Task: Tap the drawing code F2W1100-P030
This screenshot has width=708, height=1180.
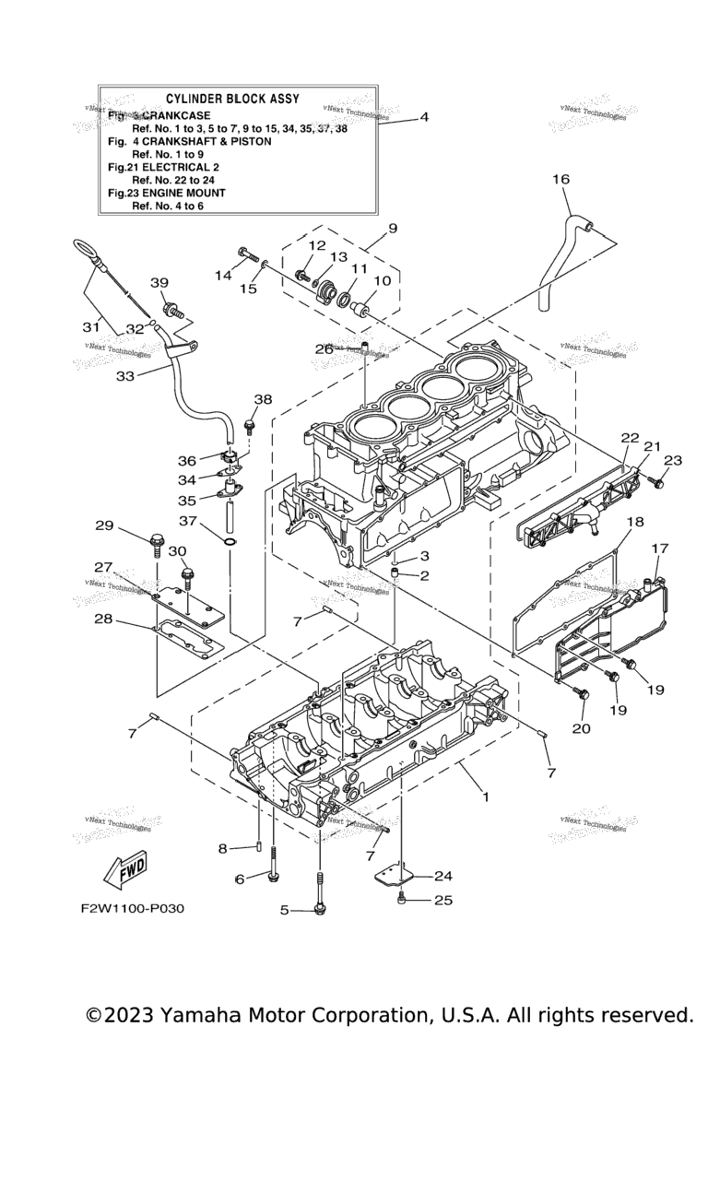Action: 132,908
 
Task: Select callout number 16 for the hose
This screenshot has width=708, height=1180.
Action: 560,180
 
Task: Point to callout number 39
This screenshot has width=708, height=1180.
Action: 159,282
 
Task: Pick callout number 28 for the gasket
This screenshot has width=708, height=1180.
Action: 102,619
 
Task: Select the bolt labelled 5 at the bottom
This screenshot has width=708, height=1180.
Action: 320,909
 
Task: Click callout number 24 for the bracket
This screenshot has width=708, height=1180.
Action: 442,876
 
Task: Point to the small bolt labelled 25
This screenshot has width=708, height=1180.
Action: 402,899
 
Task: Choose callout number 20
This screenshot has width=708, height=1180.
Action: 581,728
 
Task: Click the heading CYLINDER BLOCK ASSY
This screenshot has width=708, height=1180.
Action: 231,98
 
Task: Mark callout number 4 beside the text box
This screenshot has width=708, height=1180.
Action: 423,117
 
